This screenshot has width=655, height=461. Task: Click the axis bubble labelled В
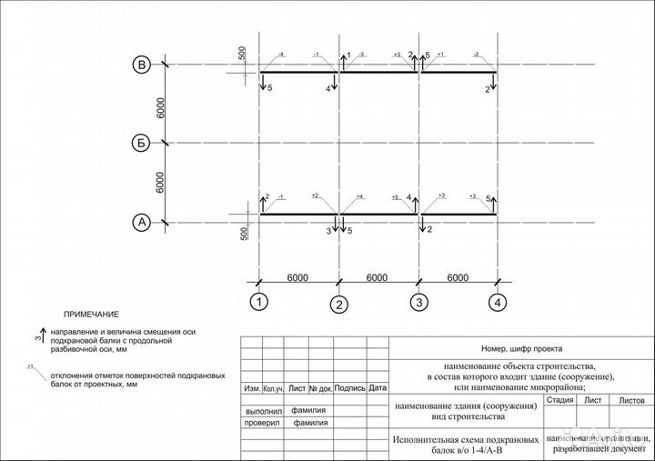142,65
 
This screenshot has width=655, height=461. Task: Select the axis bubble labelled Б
142,143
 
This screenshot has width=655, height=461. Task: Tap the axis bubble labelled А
142,221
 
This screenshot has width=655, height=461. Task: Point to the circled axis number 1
260,301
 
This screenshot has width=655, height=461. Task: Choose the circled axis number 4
497,301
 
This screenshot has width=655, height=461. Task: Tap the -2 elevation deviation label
477,55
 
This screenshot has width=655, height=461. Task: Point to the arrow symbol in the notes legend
42,336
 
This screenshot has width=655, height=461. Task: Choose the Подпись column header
349,388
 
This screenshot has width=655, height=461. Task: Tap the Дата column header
378,388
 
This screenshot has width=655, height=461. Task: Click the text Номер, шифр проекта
521,348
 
